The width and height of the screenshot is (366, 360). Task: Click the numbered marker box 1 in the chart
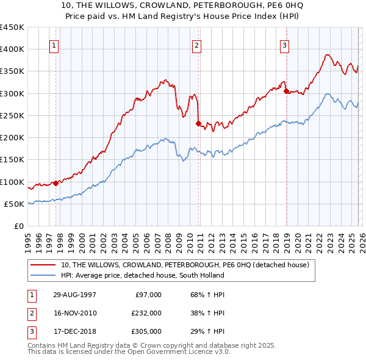[x=54, y=45]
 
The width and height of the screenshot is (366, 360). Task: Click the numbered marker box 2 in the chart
[x=197, y=45]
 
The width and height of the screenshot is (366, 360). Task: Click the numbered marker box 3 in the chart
[x=284, y=45]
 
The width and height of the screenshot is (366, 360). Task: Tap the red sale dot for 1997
[x=56, y=182]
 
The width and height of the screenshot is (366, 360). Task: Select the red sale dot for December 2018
[x=286, y=92]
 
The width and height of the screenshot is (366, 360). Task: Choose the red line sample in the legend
[x=44, y=265]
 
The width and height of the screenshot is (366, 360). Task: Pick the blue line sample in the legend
[x=44, y=275]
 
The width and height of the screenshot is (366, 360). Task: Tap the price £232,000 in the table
[x=146, y=313]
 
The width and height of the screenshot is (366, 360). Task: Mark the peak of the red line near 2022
[x=326, y=55]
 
